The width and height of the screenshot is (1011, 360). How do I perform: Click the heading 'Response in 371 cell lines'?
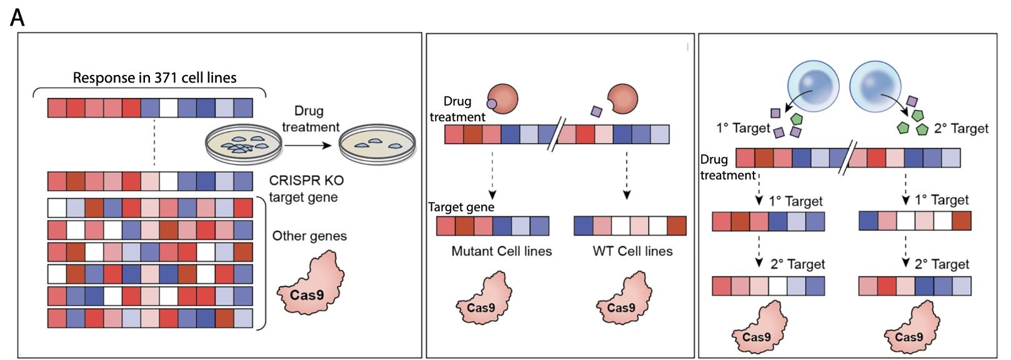154,78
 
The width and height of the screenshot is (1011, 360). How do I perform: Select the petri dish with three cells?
377,144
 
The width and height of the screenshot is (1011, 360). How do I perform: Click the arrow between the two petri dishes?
309,145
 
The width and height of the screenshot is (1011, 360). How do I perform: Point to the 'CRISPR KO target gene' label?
306,189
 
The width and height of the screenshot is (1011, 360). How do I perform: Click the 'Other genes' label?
309,236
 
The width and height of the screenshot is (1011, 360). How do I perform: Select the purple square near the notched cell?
595,111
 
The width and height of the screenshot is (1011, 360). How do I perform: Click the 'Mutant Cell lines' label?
501,251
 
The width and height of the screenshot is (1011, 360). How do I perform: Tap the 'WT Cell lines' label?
632,251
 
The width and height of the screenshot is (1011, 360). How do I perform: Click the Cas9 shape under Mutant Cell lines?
481,299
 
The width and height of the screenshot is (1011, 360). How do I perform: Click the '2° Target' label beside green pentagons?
961,129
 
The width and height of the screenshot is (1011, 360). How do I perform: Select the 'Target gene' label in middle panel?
461,207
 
